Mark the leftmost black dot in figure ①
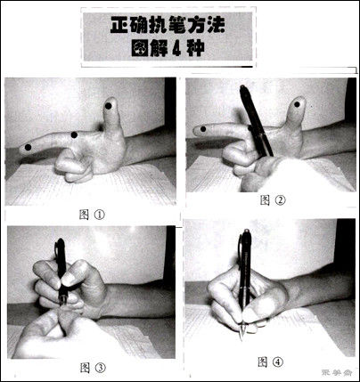pyautogui.click(x=29, y=146)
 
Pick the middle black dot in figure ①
pyautogui.click(x=74, y=135)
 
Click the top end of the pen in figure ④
pyautogui.click(x=245, y=234)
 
